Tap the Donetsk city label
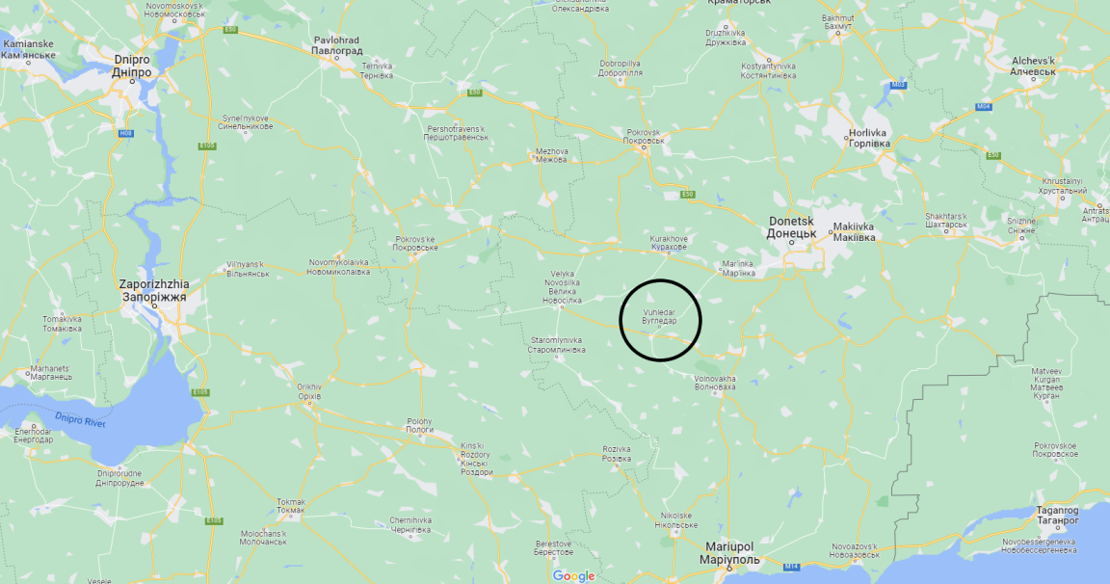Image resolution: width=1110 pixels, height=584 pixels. tap(792, 226)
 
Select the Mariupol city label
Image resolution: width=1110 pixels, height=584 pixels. tap(728, 553)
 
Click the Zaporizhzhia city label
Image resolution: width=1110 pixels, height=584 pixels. tap(154, 291)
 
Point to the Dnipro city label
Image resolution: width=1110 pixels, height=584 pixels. tap(131, 66)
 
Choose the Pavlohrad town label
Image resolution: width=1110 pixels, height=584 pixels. tap(336, 45)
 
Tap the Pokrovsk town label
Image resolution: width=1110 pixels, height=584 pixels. tap(645, 136)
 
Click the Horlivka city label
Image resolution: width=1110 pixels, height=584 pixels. tap(868, 138)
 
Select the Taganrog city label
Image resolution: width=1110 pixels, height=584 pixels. tap(1057, 515)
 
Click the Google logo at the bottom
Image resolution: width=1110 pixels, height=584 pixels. tap(573, 575)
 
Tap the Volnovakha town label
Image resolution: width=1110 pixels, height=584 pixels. tap(714, 383)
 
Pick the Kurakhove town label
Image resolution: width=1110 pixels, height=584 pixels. tap(669, 243)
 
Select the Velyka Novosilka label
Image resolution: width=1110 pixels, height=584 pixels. tap(562, 287)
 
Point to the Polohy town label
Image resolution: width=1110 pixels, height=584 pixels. tap(420, 425)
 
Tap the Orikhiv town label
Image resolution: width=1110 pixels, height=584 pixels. tap(308, 390)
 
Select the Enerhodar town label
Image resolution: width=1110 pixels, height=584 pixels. tap(34, 435)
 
